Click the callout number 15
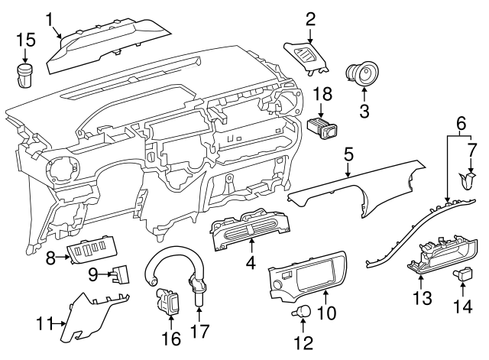coord(26,39)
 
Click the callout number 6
coord(460,123)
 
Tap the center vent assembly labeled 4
coord(249,230)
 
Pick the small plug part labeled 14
coord(464,274)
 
